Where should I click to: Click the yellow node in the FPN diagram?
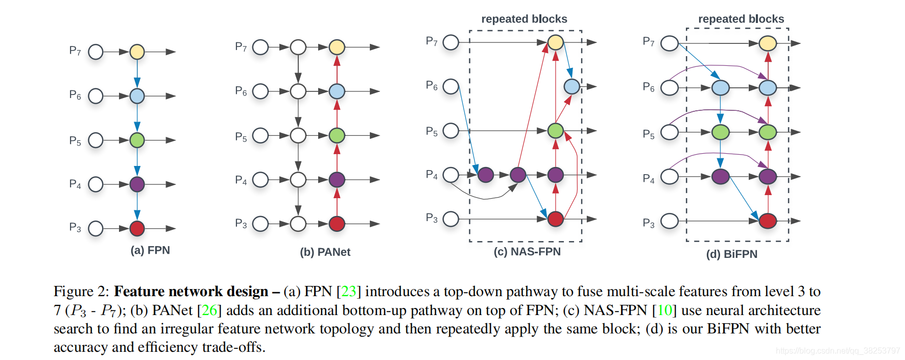(137, 52)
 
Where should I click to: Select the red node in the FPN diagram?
(137, 228)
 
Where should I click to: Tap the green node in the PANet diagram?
(337, 135)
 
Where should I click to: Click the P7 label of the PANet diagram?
(241, 47)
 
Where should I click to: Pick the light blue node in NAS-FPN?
(571, 86)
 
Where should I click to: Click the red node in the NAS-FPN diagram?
(555, 219)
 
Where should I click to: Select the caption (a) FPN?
(150, 250)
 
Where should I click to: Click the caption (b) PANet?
(325, 252)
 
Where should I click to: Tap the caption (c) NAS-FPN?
(527, 252)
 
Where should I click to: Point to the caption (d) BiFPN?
(732, 254)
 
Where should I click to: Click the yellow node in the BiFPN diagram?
(767, 43)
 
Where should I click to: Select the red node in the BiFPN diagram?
(767, 221)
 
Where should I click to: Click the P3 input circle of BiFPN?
(670, 221)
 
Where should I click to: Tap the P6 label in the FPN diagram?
(75, 95)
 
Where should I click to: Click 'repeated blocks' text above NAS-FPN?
(525, 19)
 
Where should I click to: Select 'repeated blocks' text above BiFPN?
(741, 19)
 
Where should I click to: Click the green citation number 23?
(348, 291)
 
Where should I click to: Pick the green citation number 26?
(209, 310)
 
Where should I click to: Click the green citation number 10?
(664, 310)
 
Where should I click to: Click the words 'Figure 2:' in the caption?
(81, 292)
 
